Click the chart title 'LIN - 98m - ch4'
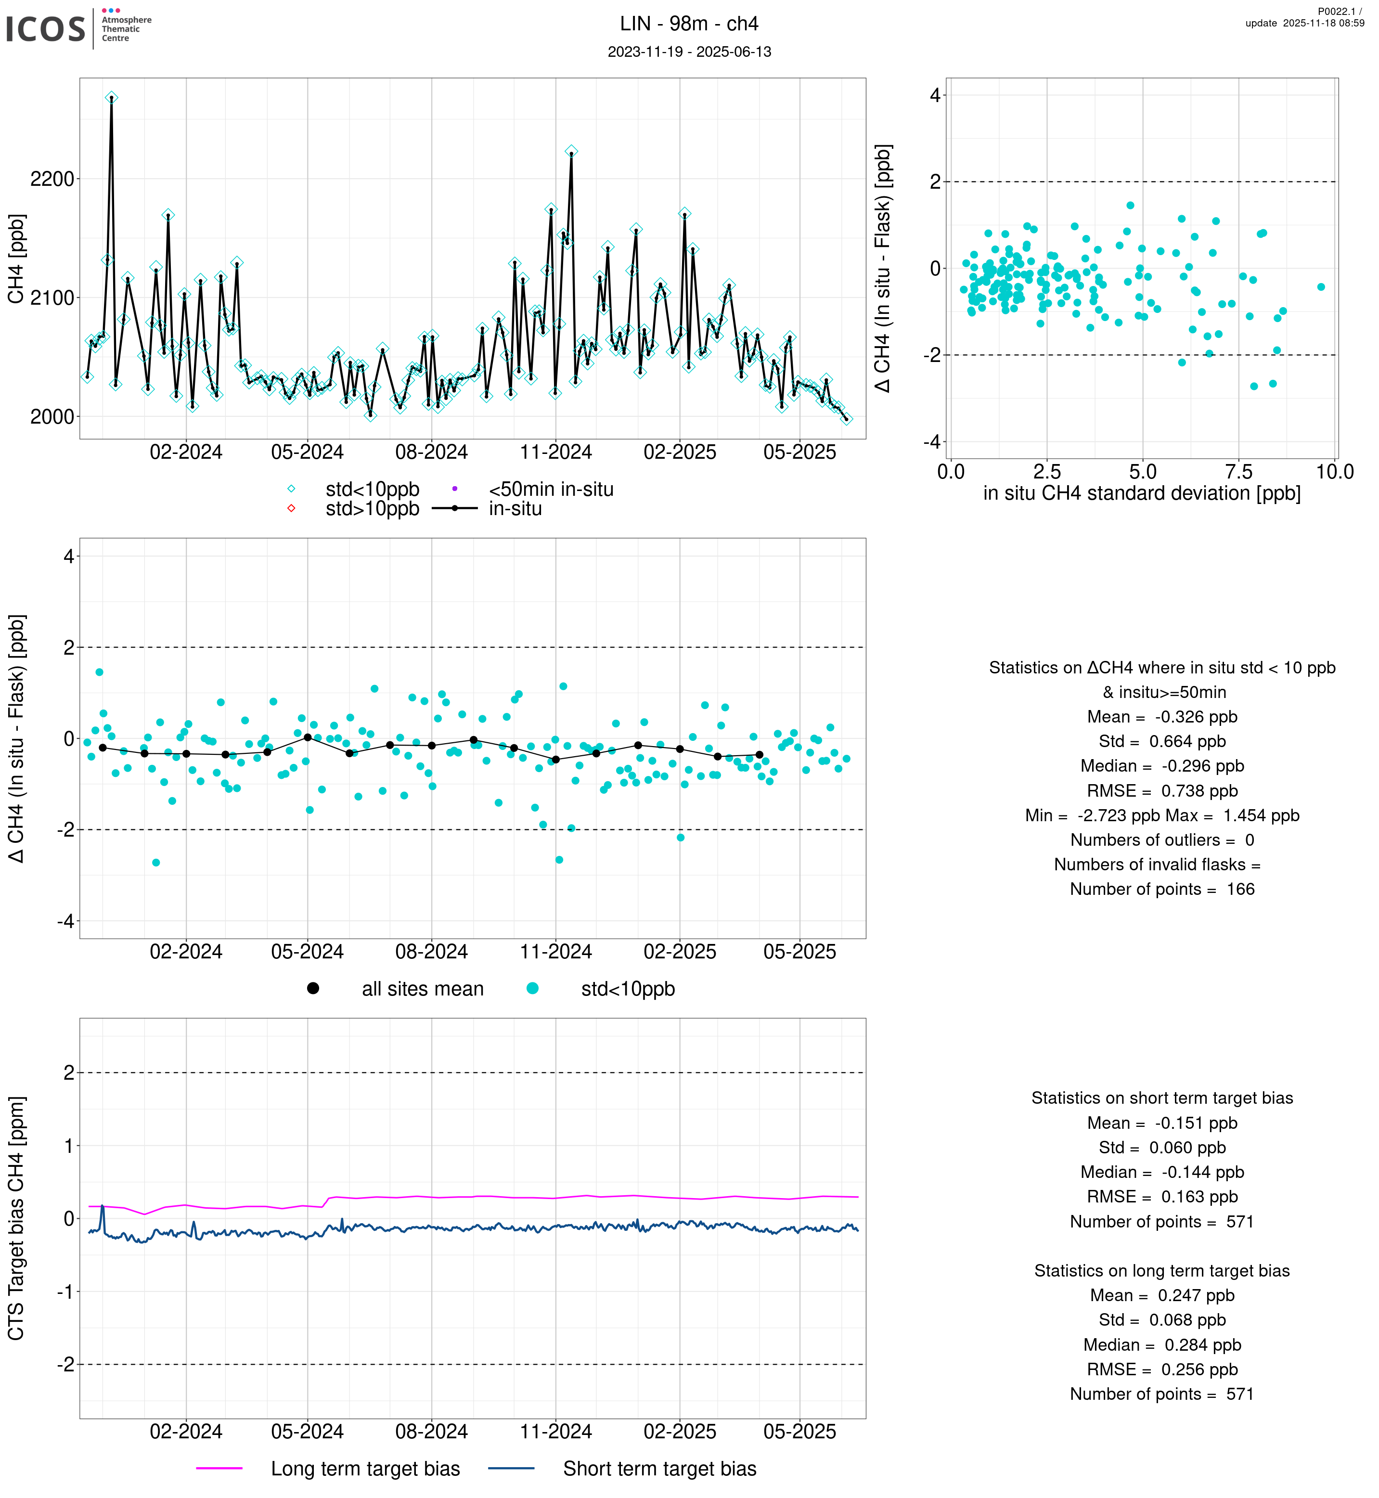click(x=689, y=24)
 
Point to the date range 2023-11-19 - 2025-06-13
click(x=689, y=52)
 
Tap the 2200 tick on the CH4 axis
click(x=52, y=179)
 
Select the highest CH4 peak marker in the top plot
click(x=111, y=98)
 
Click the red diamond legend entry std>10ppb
click(x=291, y=508)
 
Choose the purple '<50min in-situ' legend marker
click(x=454, y=489)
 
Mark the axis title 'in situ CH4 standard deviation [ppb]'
click(x=1142, y=493)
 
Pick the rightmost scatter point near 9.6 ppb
click(x=1321, y=286)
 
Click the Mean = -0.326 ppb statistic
click(x=1162, y=717)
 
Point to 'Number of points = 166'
click(x=1162, y=889)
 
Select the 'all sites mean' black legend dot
click(x=313, y=988)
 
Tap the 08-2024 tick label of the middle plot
click(x=431, y=952)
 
